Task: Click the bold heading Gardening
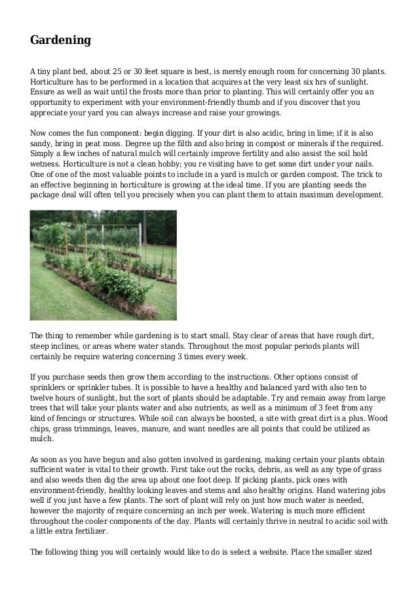pyautogui.click(x=60, y=41)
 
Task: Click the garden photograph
pyautogui.click(x=104, y=265)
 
